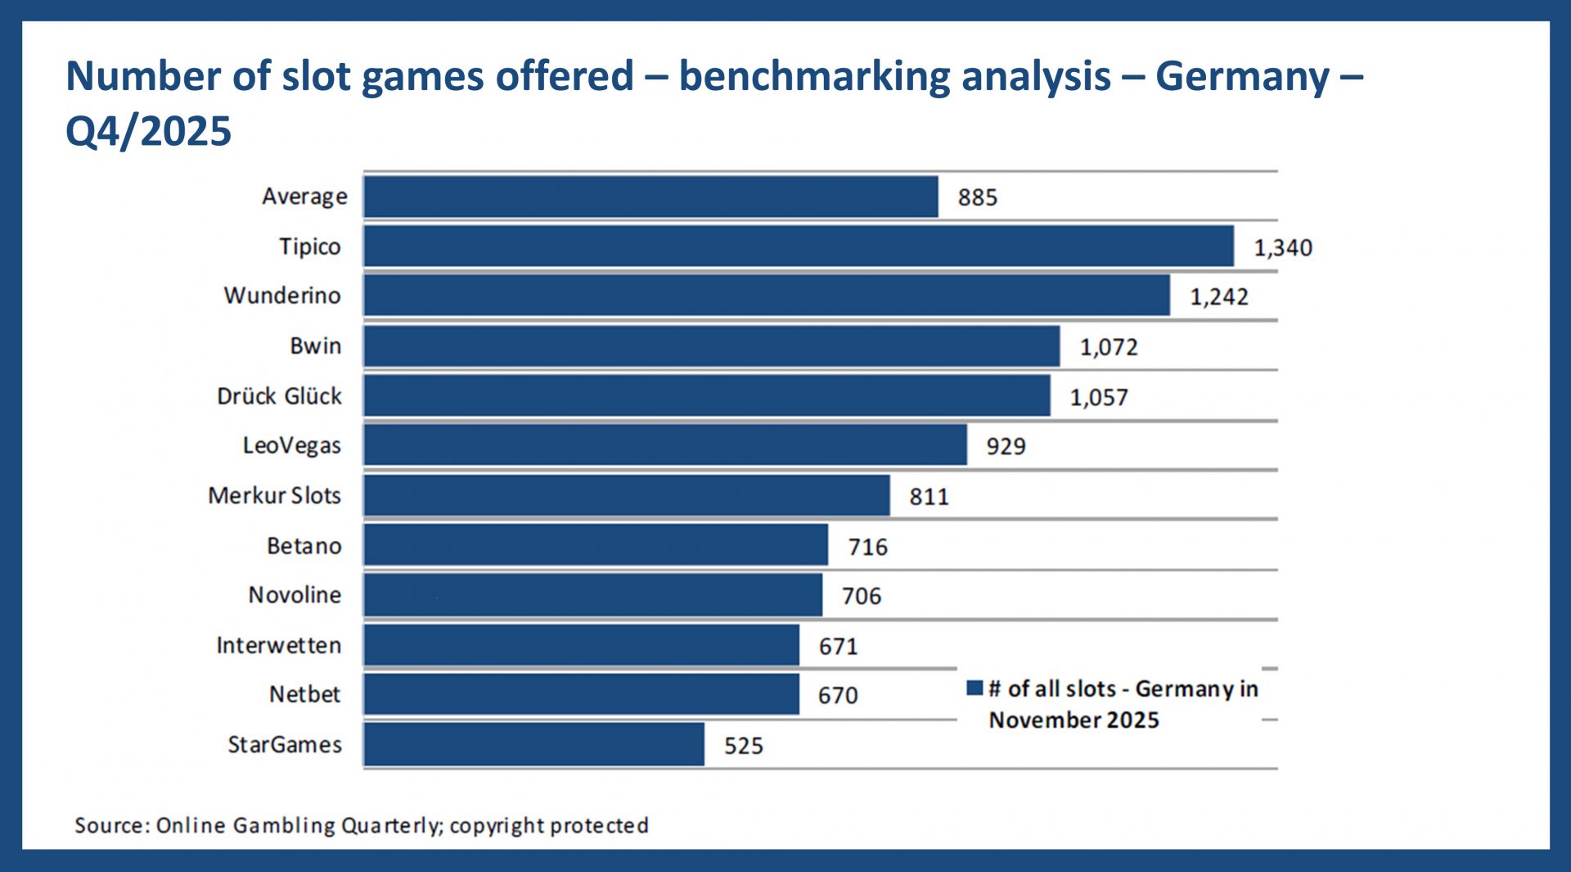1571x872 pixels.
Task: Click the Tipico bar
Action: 798,246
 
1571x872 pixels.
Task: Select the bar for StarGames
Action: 533,744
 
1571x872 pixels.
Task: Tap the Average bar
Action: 650,197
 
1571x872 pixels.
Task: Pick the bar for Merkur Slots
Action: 626,495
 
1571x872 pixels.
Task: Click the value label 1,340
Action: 1282,247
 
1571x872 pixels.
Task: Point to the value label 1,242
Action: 1218,296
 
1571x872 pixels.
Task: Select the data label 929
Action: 1005,446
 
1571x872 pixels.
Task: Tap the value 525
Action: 743,746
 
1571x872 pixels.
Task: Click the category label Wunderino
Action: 282,296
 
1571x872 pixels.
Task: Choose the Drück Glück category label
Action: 279,396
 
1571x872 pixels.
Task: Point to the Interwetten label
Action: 278,645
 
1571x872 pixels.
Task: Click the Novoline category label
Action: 295,595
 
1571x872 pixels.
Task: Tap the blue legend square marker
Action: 974,688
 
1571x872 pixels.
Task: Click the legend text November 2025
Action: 1074,720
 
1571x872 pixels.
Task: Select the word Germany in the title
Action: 1241,76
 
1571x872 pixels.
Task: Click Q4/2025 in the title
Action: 148,131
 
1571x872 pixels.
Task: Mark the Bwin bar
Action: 711,346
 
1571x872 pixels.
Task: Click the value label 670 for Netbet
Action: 837,695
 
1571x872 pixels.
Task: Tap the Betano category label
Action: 304,546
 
